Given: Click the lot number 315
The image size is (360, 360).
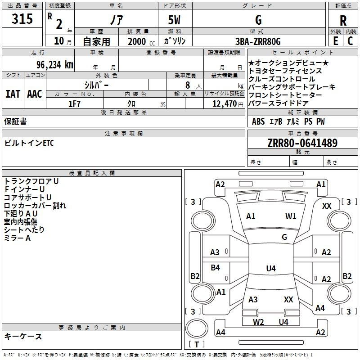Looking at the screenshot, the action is [22, 18].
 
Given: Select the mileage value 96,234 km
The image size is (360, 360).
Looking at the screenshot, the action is [55, 65].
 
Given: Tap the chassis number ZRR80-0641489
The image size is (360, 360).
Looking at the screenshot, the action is [302, 143].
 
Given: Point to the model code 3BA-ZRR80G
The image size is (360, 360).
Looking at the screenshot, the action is [258, 41].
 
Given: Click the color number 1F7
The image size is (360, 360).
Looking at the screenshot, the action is [74, 104].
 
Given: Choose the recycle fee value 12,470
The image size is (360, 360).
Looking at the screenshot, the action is [224, 104].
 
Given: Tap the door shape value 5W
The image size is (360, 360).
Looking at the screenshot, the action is [174, 20].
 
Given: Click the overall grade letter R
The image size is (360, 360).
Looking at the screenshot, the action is [343, 21].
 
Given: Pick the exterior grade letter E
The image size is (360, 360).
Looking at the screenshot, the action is [335, 41].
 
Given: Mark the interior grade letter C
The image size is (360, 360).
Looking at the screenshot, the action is [350, 41].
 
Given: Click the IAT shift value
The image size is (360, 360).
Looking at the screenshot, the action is [13, 94].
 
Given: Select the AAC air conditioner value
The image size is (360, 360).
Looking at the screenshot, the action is [35, 94].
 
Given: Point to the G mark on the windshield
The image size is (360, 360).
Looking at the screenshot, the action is [284, 237].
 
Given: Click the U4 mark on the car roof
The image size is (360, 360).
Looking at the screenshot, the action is [271, 268].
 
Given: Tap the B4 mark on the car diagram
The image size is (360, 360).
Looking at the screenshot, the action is [215, 267].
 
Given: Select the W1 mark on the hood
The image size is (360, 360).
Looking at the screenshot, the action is [291, 216].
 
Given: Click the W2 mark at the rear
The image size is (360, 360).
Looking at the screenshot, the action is [258, 322].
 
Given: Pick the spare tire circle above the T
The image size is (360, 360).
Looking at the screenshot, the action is [197, 328].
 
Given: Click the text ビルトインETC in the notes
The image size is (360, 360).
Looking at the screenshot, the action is [29, 143].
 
